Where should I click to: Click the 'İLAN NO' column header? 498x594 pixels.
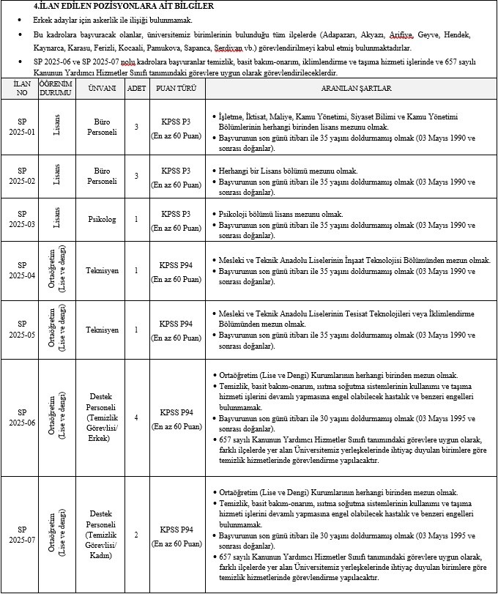21,89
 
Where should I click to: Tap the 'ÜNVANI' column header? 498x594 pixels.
102,89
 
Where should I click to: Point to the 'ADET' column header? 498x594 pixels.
136,89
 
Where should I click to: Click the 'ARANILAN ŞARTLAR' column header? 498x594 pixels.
352,89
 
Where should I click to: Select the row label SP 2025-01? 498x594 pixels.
21,126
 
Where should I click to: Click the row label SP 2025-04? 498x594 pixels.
21,270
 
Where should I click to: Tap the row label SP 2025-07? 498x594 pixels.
21,534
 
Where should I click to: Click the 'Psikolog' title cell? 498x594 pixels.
102,219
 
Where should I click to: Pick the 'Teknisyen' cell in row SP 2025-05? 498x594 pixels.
102,330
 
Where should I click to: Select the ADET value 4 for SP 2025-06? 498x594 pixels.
136,417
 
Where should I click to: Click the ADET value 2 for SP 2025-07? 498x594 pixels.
136,534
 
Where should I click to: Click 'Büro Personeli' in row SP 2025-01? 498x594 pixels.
102,126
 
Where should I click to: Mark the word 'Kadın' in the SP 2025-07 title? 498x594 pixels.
102,556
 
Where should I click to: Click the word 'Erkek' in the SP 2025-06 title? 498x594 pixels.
102,439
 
